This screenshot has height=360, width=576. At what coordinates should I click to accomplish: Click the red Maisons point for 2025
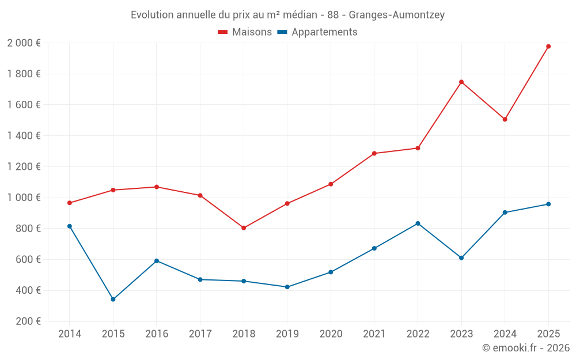[x=548, y=46]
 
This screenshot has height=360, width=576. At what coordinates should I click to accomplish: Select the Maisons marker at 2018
[x=244, y=228]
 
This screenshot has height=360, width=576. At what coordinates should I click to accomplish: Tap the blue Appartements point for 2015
[x=113, y=300]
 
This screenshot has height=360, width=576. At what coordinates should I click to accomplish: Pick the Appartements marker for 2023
[x=461, y=258]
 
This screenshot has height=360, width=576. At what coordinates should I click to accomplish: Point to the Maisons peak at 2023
[x=461, y=82]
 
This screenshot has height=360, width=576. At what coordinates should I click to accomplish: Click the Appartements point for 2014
[x=70, y=226]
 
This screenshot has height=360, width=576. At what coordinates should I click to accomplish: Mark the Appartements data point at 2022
[x=418, y=223]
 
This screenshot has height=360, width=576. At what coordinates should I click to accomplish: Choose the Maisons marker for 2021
[x=374, y=153]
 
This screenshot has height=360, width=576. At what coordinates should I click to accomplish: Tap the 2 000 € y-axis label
[x=24, y=43]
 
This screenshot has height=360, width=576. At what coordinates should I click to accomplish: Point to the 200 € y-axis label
[x=28, y=321]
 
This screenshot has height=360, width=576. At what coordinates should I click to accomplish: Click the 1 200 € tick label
[x=24, y=167]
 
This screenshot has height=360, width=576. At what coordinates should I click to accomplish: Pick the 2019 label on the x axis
[x=287, y=334]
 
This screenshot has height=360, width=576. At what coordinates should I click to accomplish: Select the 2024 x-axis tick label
[x=505, y=334]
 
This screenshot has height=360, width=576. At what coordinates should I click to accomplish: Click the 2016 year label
[x=157, y=334]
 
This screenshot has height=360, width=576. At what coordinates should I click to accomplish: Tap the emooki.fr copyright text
[x=525, y=348]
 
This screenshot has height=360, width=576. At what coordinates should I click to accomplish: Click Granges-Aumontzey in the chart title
[x=397, y=15]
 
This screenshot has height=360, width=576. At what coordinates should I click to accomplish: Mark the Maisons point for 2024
[x=505, y=119]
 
